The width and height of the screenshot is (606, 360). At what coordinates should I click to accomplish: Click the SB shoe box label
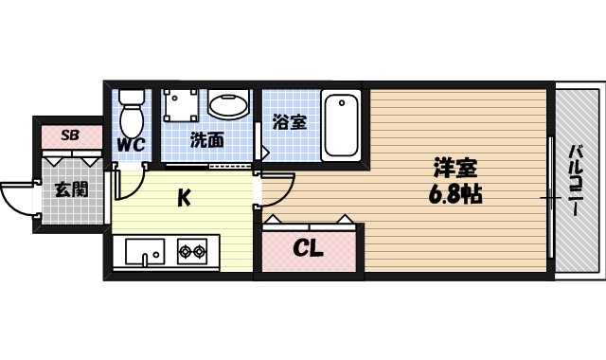tap(69, 135)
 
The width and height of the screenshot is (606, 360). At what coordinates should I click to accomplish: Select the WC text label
tap(131, 145)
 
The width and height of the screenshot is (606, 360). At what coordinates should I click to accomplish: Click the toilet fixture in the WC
tap(132, 112)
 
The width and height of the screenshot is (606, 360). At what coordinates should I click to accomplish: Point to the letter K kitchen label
tap(186, 198)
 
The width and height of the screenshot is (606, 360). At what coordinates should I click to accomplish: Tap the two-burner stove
tap(193, 252)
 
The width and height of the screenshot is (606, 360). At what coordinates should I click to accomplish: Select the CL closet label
tap(308, 250)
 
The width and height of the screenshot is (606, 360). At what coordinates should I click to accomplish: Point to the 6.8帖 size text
tap(454, 196)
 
